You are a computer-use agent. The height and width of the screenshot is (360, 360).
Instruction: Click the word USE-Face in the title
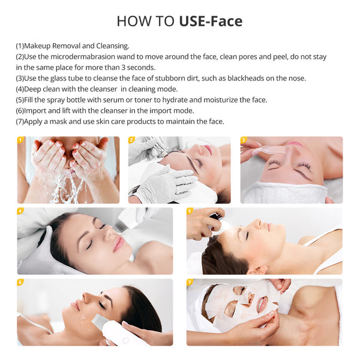point(211,22)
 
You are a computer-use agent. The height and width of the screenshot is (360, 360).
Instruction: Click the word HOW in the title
point(130,22)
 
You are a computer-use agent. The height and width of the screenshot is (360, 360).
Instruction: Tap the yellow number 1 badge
point(20,140)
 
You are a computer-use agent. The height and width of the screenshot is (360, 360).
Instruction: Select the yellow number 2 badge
point(131,140)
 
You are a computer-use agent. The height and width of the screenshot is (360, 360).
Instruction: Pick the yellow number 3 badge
point(244,140)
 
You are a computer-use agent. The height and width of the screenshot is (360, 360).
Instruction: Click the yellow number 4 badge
point(20,211)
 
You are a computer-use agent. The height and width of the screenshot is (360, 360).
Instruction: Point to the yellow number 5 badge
point(190,211)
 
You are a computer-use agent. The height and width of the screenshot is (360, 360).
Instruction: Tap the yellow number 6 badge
point(20,282)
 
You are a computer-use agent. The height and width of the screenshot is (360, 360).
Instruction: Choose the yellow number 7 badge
point(190,282)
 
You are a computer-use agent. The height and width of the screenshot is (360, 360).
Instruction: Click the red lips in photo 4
point(119,243)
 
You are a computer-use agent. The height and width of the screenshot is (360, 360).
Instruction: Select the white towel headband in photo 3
point(282,193)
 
